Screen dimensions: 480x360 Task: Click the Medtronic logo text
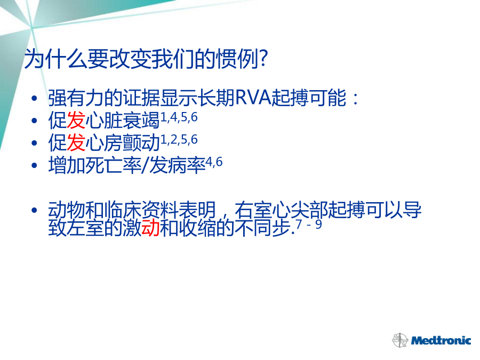coord(441,340)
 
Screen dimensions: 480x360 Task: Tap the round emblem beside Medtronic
coord(400,340)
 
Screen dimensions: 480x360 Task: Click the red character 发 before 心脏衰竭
coord(76,120)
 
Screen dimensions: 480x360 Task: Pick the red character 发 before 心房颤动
coord(76,142)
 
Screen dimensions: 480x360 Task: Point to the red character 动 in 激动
coord(150,228)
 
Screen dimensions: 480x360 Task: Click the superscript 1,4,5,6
coord(179,117)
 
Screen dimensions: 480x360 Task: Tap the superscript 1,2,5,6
coord(179,140)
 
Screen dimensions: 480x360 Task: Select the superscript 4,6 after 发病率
coord(214,162)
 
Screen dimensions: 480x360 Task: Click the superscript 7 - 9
coord(309,225)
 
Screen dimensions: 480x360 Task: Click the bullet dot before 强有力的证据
coord(34,98)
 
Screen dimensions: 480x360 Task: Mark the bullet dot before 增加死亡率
coord(34,165)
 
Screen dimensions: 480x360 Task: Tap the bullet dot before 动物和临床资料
coord(34,210)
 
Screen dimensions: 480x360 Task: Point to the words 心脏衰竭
coord(123,120)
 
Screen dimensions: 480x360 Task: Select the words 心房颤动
coord(123,142)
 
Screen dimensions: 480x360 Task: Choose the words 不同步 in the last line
coord(262,228)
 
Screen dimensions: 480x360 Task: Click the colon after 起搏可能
coord(355,99)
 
